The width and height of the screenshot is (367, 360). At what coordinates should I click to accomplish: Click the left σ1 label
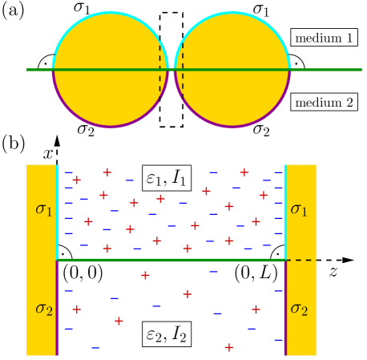coord(43,209)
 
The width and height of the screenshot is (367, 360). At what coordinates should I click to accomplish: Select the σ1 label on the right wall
coord(299,209)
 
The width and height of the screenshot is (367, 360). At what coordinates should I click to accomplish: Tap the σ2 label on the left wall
coord(43,308)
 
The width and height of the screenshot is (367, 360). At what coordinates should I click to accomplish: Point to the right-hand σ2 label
coord(299,308)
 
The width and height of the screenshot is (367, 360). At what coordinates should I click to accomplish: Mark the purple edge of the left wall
coord(58,309)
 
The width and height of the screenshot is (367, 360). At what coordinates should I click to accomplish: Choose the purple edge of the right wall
coord(285,309)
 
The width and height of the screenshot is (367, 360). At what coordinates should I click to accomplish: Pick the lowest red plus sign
coord(229,347)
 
